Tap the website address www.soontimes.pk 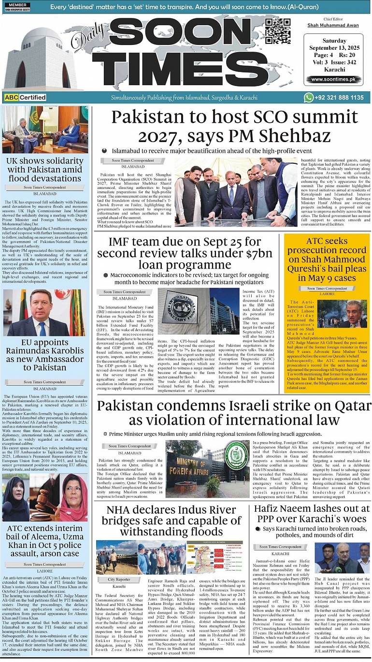coord(333,79)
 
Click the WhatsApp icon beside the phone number coord(309,97)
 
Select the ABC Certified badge coord(25,98)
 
